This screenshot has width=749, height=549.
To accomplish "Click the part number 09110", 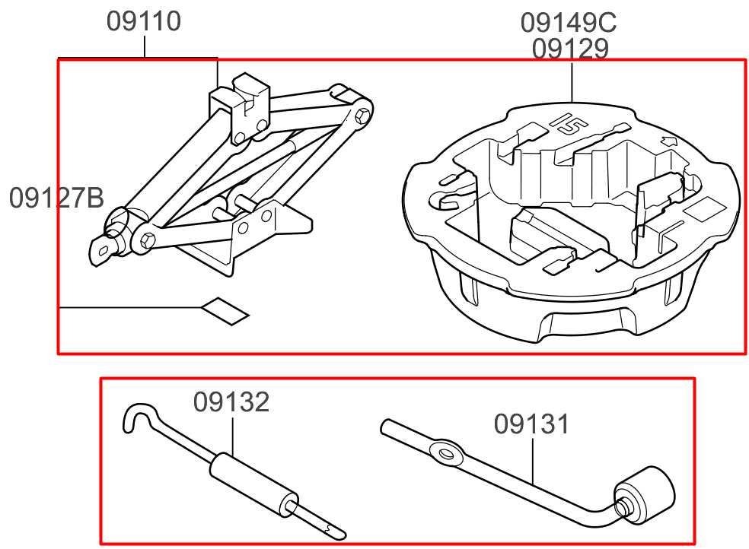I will (144, 21).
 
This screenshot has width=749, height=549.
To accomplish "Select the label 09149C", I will (568, 23).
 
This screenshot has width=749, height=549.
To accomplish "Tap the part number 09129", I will (570, 49).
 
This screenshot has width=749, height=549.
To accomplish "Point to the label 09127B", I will (56, 198).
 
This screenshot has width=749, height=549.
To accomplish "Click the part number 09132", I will (231, 401).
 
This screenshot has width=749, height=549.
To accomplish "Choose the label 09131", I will (531, 424).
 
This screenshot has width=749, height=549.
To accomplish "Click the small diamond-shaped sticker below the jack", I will (225, 309).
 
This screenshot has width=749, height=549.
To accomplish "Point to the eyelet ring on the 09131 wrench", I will (447, 455).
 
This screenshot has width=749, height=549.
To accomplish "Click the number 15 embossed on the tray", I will (569, 122).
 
